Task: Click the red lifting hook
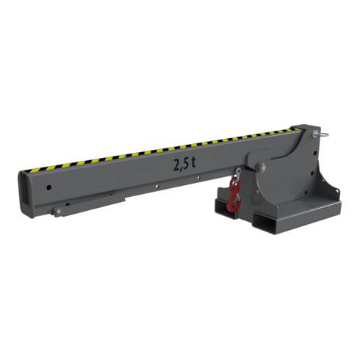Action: point(234,196)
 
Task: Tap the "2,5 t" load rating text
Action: point(184,164)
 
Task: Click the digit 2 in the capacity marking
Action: point(176,165)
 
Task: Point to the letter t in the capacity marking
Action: point(193,162)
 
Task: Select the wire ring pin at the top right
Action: point(322,135)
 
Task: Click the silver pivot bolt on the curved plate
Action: point(261,168)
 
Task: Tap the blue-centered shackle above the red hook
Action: point(238,173)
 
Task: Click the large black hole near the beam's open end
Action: point(49,188)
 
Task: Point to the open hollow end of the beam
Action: point(25,192)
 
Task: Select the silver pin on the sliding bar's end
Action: point(58,212)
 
